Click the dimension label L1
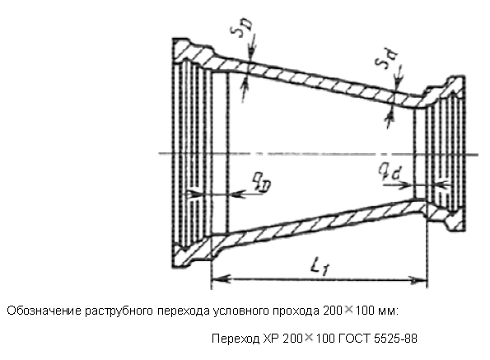[x=319, y=268]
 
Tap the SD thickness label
[x=241, y=27]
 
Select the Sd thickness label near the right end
[x=386, y=58]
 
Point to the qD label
[x=262, y=182]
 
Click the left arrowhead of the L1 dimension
[x=222, y=278]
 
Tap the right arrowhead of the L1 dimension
[x=418, y=280]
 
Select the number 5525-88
[x=395, y=339]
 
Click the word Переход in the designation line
[x=236, y=339]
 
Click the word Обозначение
[x=44, y=311]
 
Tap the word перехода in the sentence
[x=184, y=311]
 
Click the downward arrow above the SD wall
[x=252, y=48]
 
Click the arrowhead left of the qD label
[x=239, y=194]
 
